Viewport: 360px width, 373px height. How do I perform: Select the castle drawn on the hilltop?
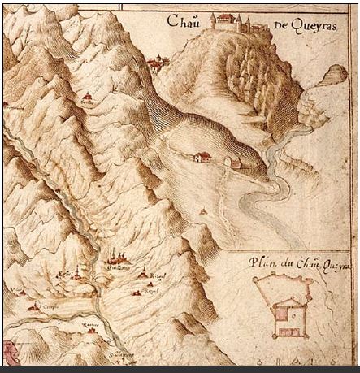click(x=232, y=22)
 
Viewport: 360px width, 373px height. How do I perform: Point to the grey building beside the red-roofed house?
click(x=235, y=162)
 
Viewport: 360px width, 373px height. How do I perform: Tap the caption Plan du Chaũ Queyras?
click(x=295, y=262)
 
